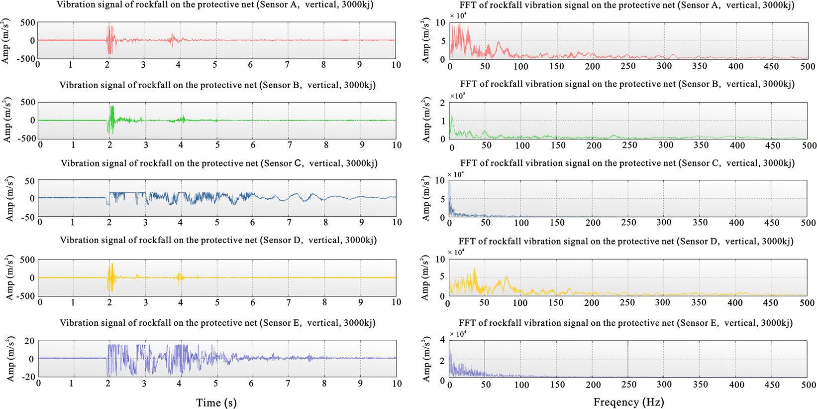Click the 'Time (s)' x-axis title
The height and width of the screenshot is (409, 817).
pyautogui.click(x=216, y=403)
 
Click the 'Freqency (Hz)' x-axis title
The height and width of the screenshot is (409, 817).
pyautogui.click(x=628, y=402)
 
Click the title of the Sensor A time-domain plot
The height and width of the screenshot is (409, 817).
pyautogui.click(x=215, y=5)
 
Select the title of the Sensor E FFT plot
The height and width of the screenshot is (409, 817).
pyautogui.click(x=625, y=323)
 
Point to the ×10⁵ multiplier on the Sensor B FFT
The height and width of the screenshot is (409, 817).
pyautogui.click(x=457, y=96)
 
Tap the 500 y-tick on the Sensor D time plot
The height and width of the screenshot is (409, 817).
pyautogui.click(x=27, y=260)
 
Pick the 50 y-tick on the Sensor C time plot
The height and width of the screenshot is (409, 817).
pyautogui.click(x=30, y=181)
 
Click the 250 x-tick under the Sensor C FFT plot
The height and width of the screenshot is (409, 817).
pyautogui.click(x=628, y=223)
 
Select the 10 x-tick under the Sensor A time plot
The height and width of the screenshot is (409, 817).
pyautogui.click(x=396, y=65)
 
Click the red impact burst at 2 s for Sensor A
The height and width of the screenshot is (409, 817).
pyautogui.click(x=109, y=40)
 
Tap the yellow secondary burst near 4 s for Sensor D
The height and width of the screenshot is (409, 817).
pyautogui.click(x=180, y=276)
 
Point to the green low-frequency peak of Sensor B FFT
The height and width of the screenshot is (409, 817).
pyautogui.click(x=452, y=120)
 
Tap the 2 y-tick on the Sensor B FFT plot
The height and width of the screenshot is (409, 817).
pyautogui.click(x=442, y=103)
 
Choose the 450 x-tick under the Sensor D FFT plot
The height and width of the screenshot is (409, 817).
pyautogui.click(x=770, y=302)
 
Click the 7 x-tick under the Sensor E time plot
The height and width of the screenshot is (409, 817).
pyautogui.click(x=288, y=384)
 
